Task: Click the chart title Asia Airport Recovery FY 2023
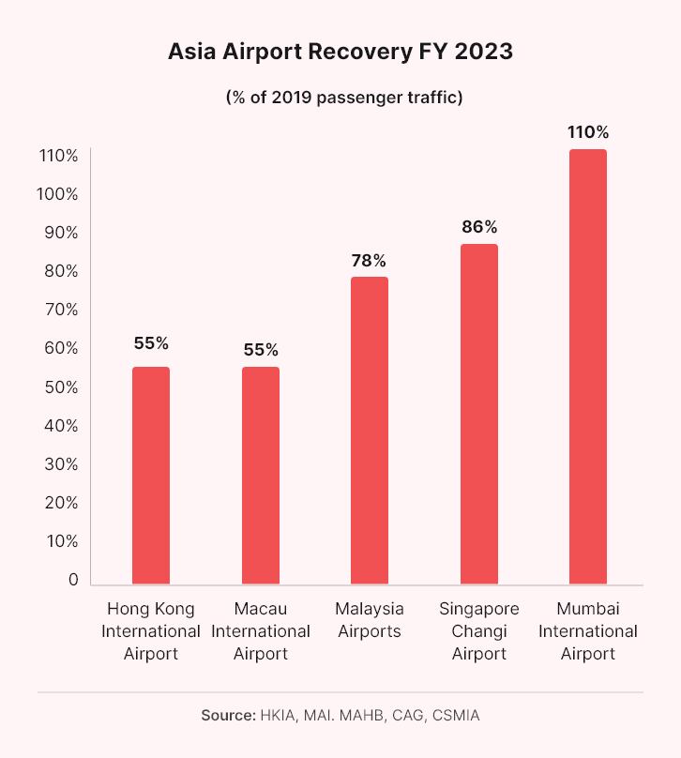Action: point(340,52)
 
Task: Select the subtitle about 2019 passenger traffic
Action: point(340,98)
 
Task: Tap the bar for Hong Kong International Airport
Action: point(151,476)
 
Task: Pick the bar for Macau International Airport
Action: point(261,476)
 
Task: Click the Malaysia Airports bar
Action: point(370,431)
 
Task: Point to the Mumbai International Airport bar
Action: point(588,367)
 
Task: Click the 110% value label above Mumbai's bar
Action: point(588,131)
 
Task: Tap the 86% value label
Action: point(479,227)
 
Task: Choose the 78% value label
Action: point(370,260)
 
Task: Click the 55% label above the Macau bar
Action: point(261,350)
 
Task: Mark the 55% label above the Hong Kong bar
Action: point(151,343)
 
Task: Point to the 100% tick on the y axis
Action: point(58,194)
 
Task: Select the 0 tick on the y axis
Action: point(72,580)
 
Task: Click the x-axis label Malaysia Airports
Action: point(370,619)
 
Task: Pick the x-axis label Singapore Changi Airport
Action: point(479,630)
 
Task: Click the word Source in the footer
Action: point(227,715)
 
